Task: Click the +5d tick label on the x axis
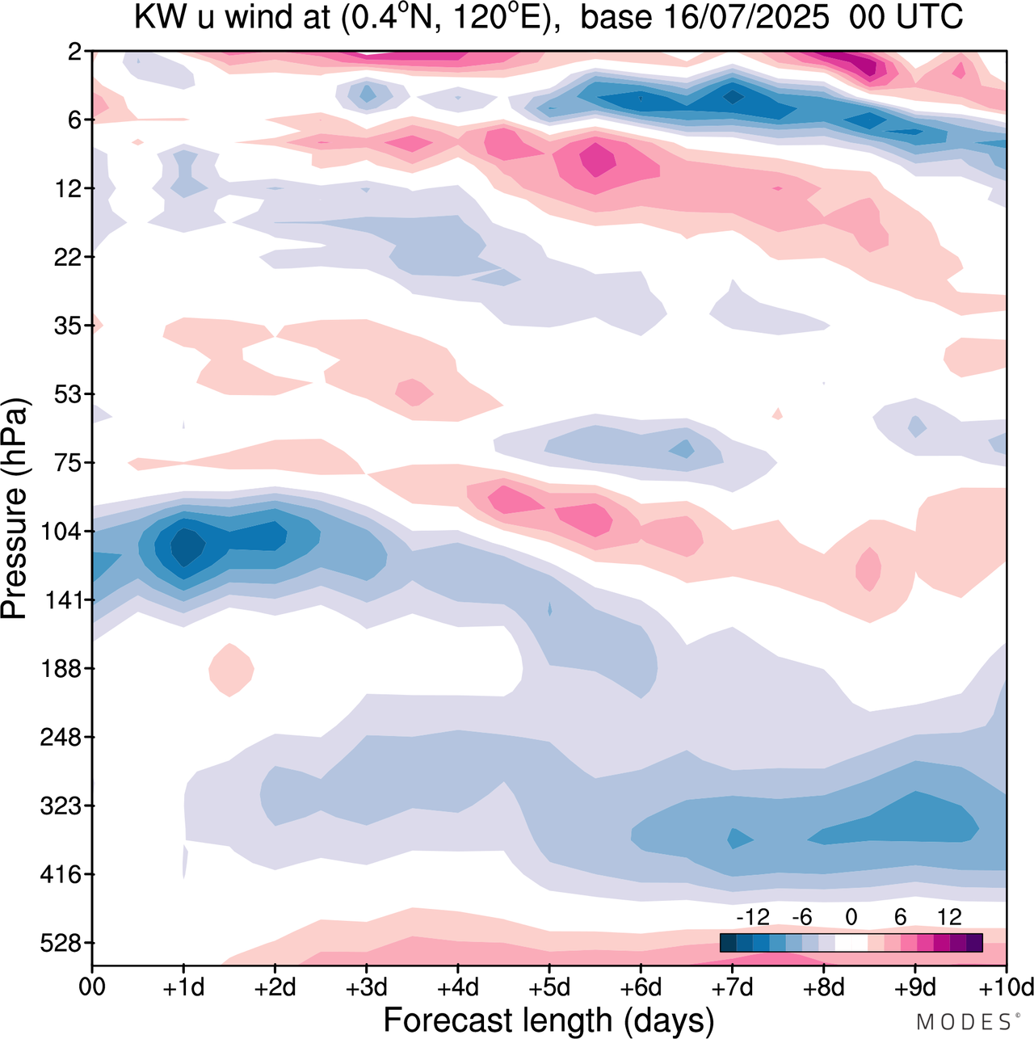(549, 987)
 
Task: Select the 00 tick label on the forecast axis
(92, 987)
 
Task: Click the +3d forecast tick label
(367, 987)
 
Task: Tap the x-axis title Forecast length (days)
(549, 1020)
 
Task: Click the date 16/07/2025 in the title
(704, 18)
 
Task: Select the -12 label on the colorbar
(753, 917)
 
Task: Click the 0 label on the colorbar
(851, 917)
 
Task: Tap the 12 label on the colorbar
(950, 917)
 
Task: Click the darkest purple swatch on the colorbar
(974, 943)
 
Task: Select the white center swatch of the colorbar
(851, 943)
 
